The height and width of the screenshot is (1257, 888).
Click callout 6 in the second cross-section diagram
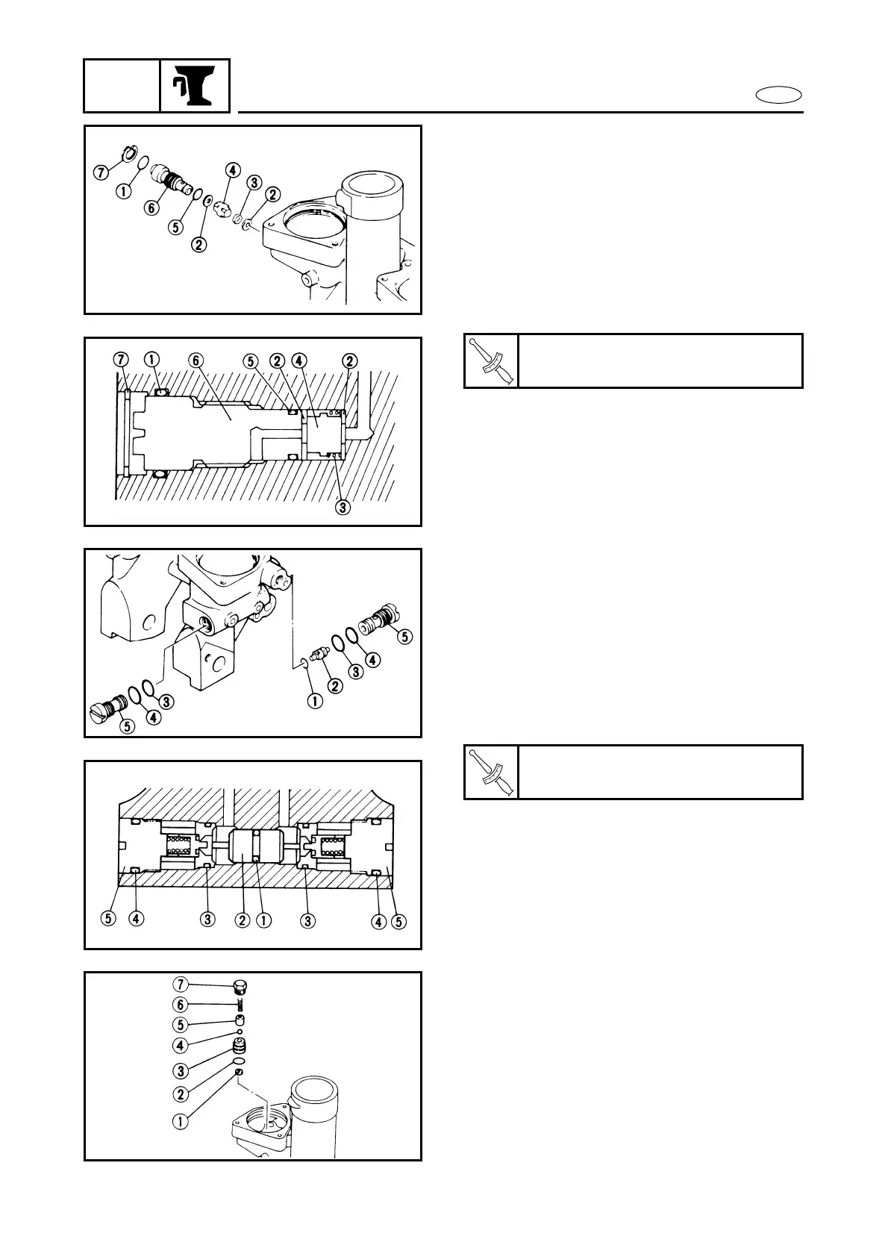click(x=196, y=361)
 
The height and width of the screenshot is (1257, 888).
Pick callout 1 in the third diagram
click(x=315, y=702)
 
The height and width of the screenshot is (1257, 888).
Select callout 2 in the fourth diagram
click(x=242, y=920)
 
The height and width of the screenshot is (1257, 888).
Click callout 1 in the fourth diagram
click(x=263, y=920)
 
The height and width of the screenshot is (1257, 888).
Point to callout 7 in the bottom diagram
click(x=180, y=984)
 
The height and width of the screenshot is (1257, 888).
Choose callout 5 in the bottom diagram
click(x=180, y=1025)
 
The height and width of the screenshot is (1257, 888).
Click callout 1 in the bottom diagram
click(x=180, y=1120)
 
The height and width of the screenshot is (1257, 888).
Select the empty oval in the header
click(x=778, y=95)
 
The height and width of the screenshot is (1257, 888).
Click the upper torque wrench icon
click(x=491, y=361)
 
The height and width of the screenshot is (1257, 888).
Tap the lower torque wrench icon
click(x=491, y=772)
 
